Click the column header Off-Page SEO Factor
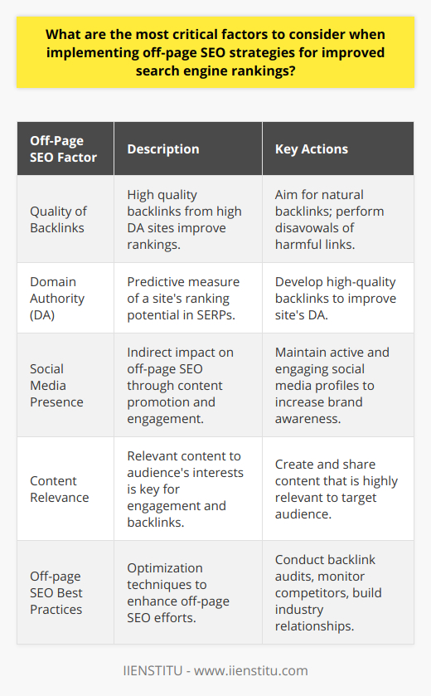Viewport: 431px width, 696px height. click(63, 149)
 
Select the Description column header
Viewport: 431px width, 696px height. click(163, 149)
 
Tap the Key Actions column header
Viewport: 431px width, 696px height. click(312, 149)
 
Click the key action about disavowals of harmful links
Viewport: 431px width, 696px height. click(336, 219)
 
